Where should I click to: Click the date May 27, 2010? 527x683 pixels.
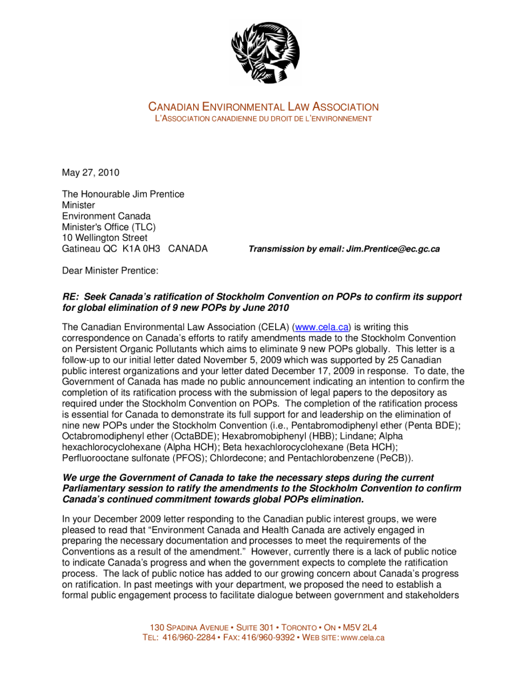coord(91,173)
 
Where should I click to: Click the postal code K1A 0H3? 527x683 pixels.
coord(142,249)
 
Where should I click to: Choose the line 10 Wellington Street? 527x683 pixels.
coord(105,237)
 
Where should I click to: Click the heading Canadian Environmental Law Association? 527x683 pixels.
coord(263,107)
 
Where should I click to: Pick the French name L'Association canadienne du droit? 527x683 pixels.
coord(263,119)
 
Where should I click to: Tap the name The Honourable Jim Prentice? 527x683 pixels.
coord(123,194)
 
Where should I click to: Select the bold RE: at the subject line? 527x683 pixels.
coord(71,296)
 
